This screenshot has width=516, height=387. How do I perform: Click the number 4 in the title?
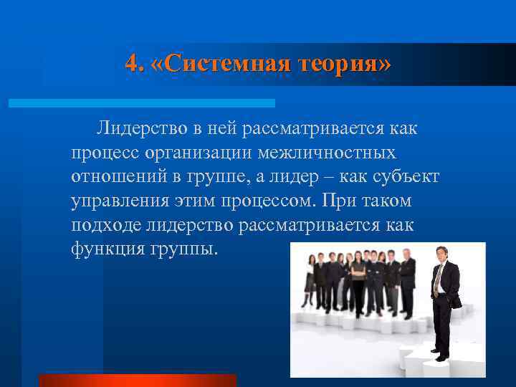point(130,64)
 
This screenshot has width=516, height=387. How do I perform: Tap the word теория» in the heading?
point(343,64)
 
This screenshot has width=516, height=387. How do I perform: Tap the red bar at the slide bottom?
point(137,380)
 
